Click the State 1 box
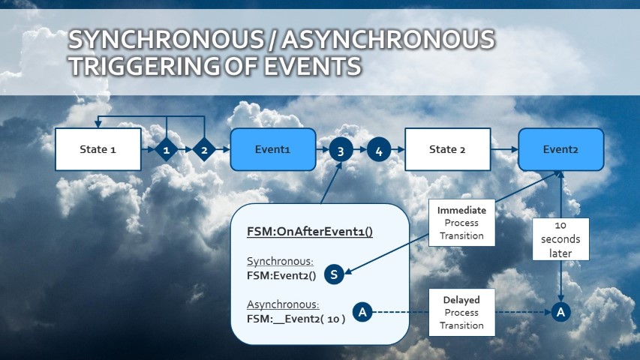98,149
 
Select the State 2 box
447,149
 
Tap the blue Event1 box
272,149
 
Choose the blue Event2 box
561,149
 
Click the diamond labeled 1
167,150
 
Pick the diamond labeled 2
204,150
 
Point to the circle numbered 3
341,151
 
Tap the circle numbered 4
379,151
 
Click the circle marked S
335,274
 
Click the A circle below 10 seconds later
560,312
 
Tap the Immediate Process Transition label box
462,223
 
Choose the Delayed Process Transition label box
462,312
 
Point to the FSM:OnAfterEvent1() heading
310,232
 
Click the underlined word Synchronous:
280,262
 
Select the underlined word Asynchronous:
283,304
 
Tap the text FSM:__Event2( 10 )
296,318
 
